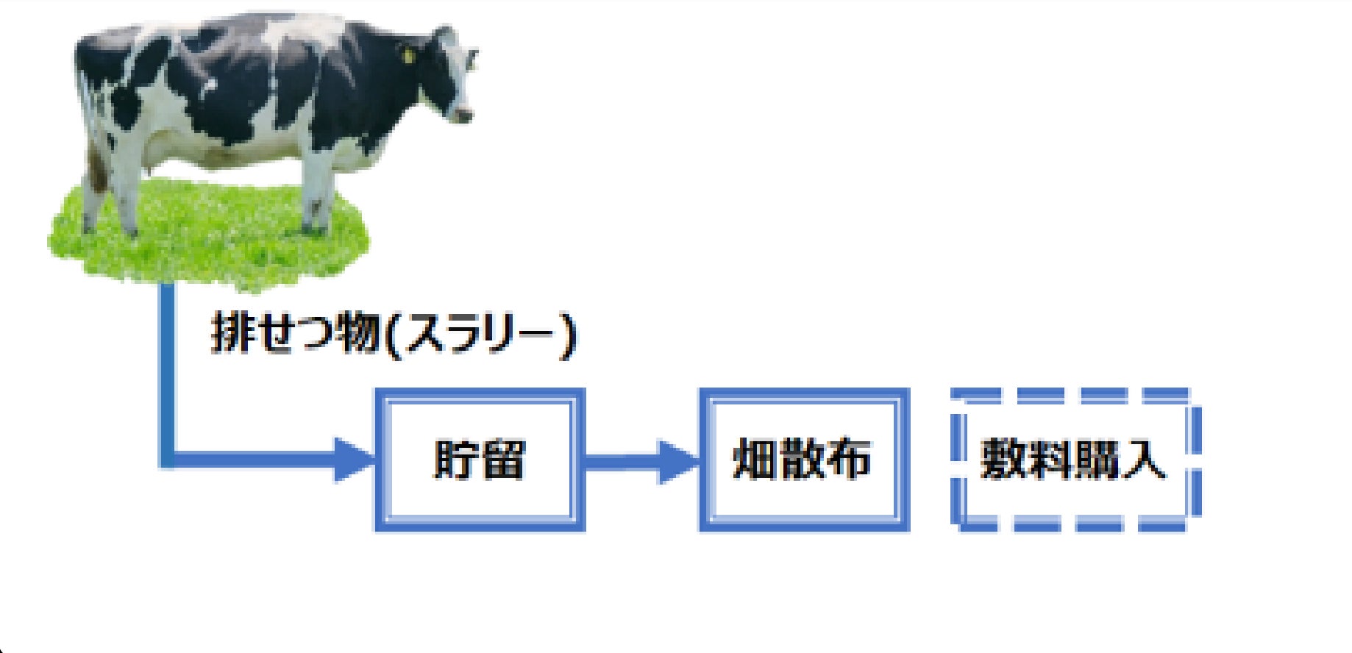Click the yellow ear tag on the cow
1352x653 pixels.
[x=408, y=54]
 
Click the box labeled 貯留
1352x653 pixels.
[x=480, y=460]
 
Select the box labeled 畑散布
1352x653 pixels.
[x=803, y=460]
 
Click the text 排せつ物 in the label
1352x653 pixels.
[x=294, y=335]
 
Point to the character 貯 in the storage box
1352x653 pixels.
[x=456, y=460]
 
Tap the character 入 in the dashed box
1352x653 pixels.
[x=1144, y=460]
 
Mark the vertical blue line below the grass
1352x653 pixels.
[x=168, y=368]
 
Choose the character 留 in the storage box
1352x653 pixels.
[x=503, y=460]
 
